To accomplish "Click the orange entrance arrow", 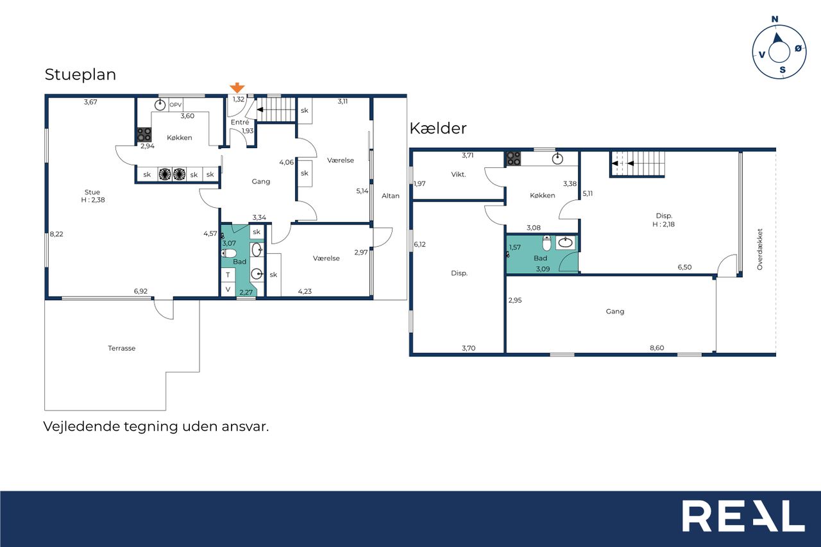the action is tap(237, 88).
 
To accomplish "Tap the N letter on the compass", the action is tap(775, 19).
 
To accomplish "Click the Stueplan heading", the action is tap(80, 75).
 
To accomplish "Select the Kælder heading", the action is tap(438, 128).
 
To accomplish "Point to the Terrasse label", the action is tap(122, 348).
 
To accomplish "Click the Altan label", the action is tap(391, 196).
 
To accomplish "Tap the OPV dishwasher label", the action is tap(176, 105).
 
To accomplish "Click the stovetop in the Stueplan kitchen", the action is tap(144, 135).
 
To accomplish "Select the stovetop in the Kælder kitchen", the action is tap(514, 158).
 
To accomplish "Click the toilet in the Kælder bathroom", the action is tap(546, 243).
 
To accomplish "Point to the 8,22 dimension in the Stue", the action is tap(56, 234).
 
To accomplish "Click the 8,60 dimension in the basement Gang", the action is tap(657, 348).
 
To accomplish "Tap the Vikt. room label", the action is tap(459, 174).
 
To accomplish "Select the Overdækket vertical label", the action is tap(759, 249).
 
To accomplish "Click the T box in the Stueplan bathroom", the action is tap(228, 274).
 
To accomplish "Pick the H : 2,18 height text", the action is tap(663, 224).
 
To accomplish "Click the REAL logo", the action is tap(743, 516).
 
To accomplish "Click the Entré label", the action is tap(240, 122).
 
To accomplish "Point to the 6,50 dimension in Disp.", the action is tap(684, 267).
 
